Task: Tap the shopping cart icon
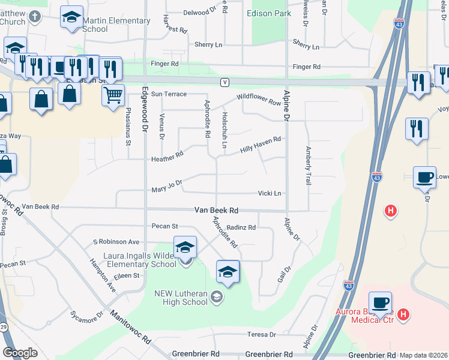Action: (113, 95)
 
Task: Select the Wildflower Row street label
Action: (259, 100)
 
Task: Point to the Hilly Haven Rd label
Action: (261, 144)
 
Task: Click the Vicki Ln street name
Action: (270, 193)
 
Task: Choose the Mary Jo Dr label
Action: (166, 185)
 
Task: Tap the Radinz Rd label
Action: (241, 228)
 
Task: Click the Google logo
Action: (20, 352)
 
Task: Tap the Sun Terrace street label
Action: (169, 94)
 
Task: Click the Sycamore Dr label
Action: (86, 316)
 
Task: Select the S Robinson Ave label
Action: (116, 242)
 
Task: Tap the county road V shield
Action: (224, 82)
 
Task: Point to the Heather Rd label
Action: (167, 157)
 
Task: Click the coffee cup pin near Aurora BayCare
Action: (380, 303)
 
